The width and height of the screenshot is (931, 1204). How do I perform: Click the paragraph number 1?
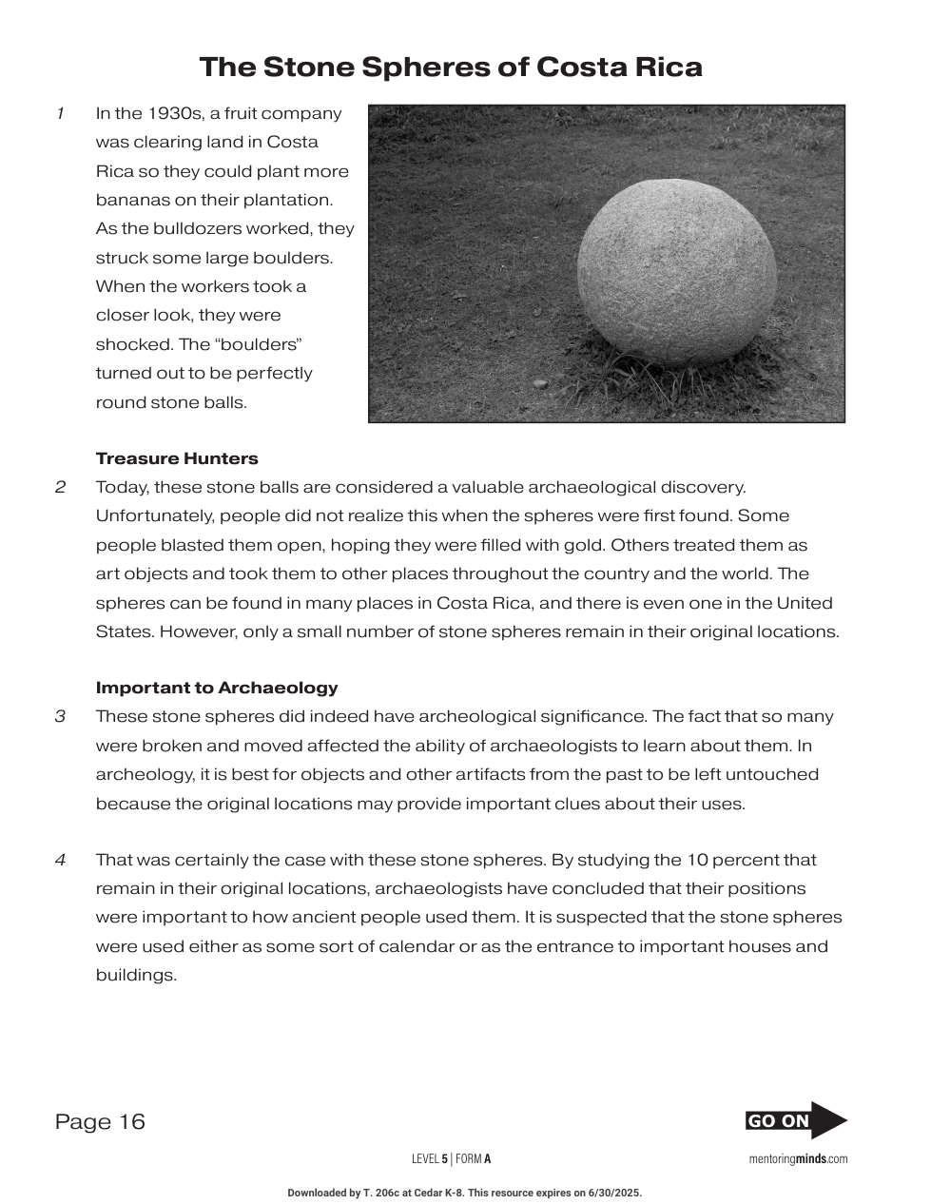tap(60, 114)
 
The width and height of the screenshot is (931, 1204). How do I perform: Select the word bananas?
tap(130, 201)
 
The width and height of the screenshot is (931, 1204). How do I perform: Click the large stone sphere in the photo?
tap(676, 272)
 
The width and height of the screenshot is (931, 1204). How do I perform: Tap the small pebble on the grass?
tap(540, 383)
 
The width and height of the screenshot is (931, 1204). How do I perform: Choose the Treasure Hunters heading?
tap(177, 458)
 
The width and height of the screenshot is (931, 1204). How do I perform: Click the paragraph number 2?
tap(60, 488)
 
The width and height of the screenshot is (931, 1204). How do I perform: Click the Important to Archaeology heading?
tap(217, 688)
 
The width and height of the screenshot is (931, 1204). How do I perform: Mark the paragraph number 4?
tap(60, 860)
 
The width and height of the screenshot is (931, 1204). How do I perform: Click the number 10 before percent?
tap(696, 860)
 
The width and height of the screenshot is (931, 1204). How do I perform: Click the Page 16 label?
tap(100, 1122)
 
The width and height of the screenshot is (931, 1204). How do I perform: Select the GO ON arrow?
tap(796, 1120)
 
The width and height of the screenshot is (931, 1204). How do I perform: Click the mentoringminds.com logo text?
tap(798, 1159)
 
